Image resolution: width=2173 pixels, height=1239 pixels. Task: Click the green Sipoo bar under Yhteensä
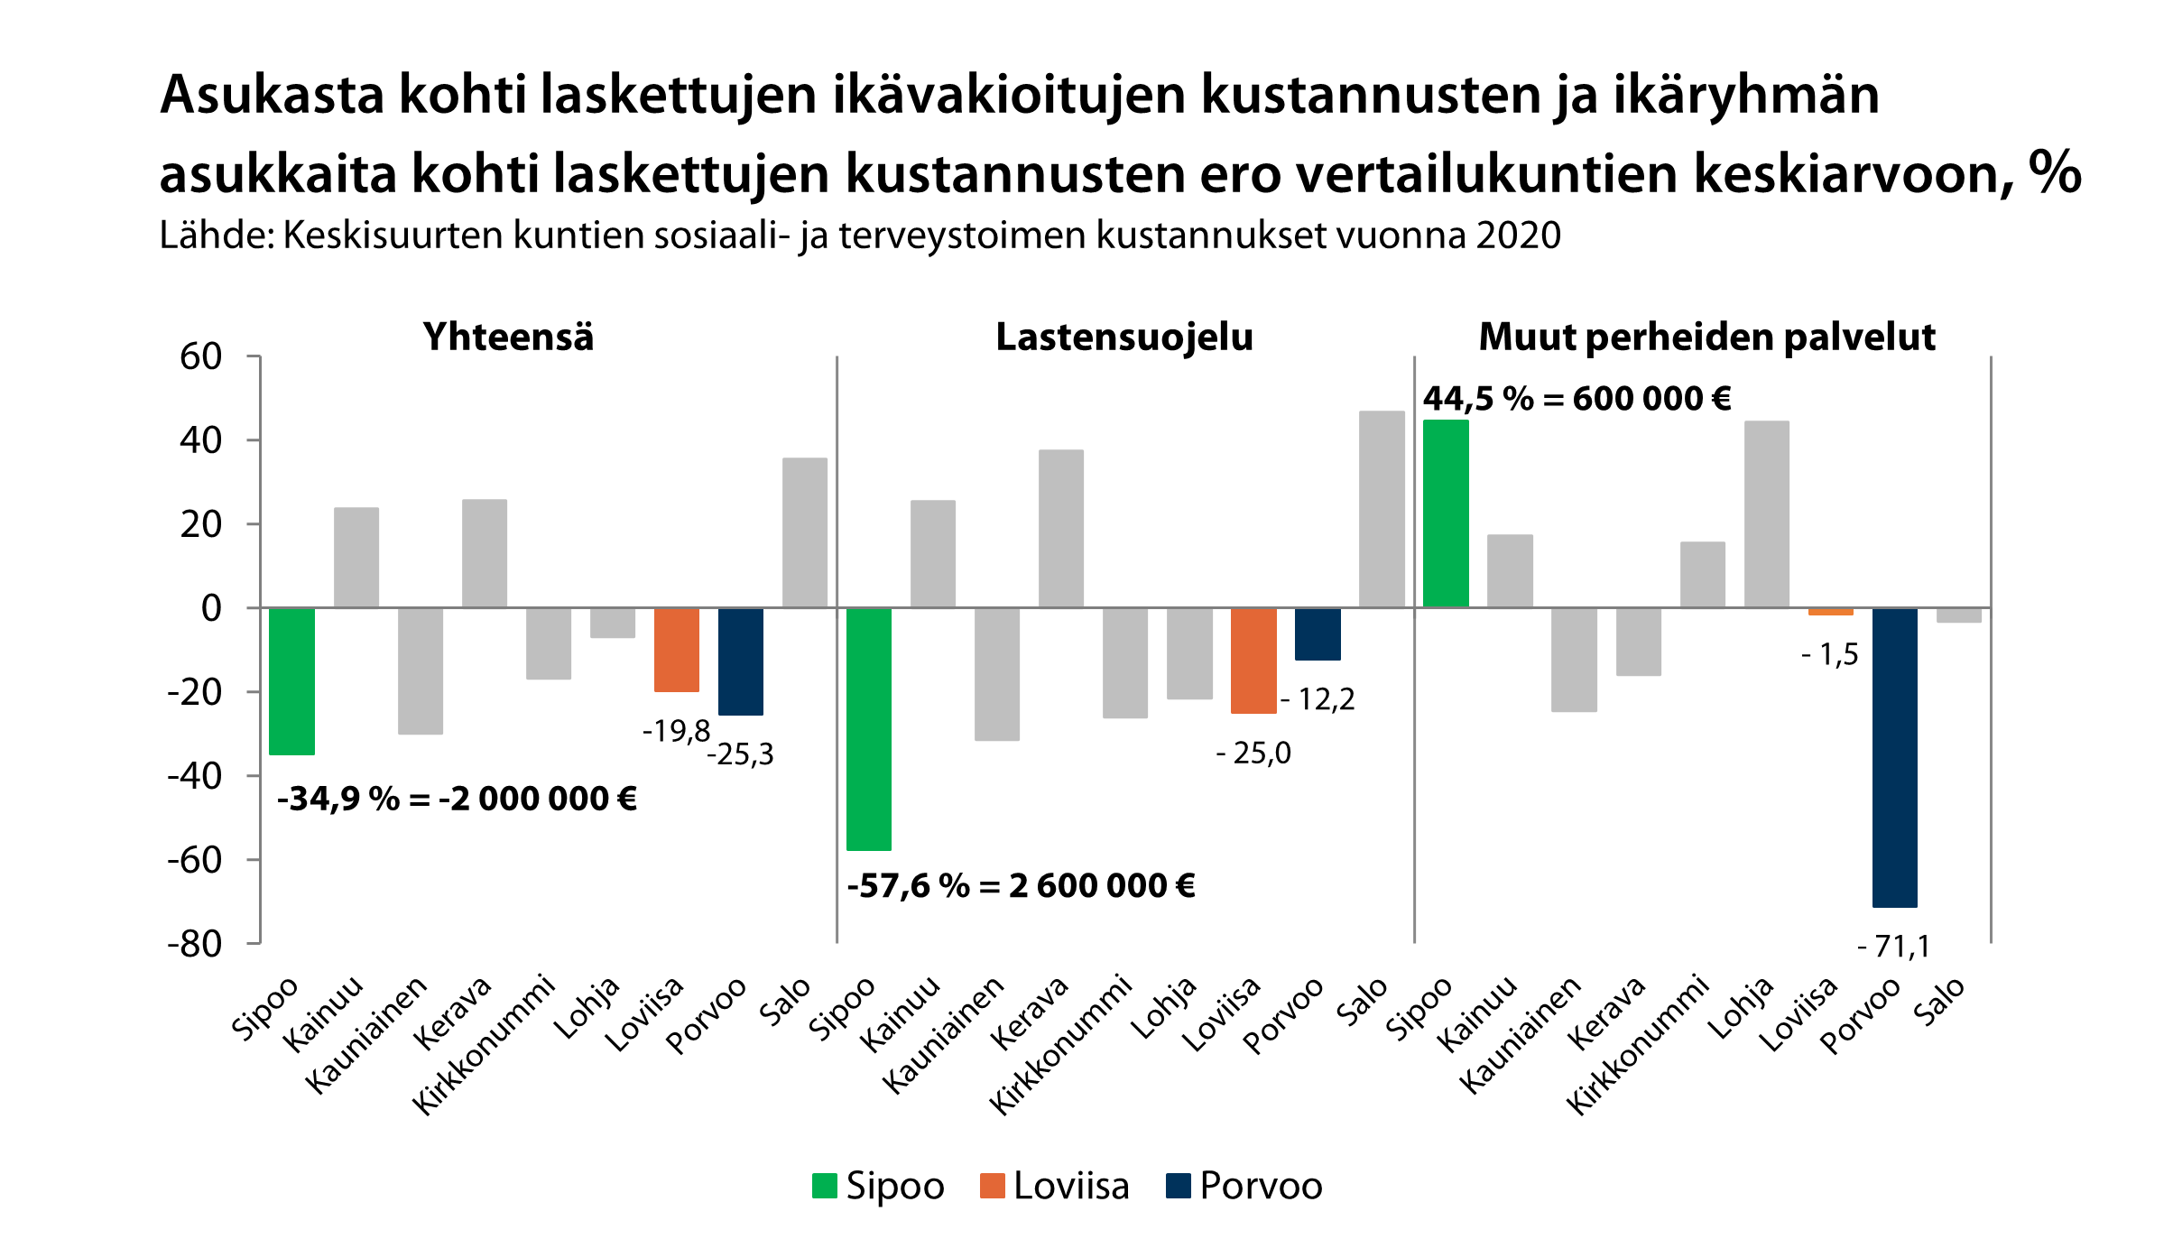[291, 681]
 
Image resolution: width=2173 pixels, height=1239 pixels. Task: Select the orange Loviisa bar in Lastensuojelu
[1253, 661]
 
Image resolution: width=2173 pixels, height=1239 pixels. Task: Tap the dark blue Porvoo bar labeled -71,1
[1894, 757]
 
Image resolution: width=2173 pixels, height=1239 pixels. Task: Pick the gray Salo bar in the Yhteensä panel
[804, 532]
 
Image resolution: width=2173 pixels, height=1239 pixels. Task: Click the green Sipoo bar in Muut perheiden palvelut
[1446, 513]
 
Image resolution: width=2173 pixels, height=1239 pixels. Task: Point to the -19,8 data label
[676, 731]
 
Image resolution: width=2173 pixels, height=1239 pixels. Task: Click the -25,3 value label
[740, 754]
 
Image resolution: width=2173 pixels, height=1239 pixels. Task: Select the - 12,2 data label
[1318, 699]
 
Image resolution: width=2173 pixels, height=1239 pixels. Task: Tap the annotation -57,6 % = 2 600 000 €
[1021, 886]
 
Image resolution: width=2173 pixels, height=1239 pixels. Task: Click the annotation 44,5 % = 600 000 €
[1577, 399]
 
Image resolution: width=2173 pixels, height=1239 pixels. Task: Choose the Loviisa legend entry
[1054, 1186]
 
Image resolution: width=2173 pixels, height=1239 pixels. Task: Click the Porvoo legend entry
[1244, 1186]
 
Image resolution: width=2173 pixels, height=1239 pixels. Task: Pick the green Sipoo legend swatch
[824, 1186]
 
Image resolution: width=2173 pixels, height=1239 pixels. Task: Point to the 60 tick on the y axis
[201, 357]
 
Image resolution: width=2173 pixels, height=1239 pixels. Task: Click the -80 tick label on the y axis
[194, 944]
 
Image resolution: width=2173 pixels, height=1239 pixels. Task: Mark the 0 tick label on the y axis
[211, 608]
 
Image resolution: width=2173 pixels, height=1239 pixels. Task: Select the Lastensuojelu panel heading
[1124, 337]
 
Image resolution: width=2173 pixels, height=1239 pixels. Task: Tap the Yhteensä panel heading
[508, 337]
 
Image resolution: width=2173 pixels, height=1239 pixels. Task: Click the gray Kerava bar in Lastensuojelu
[1060, 529]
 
